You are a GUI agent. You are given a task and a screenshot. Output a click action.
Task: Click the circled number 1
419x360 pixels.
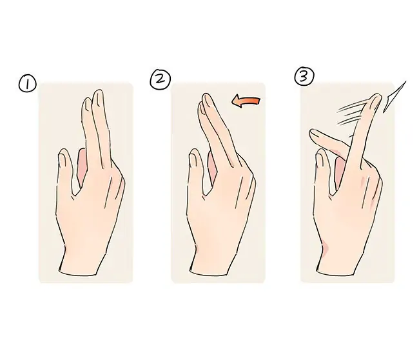(x=27, y=83)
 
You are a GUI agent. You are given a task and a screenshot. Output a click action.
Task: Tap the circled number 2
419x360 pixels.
(x=161, y=79)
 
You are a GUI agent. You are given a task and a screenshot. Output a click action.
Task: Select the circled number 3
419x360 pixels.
(x=304, y=76)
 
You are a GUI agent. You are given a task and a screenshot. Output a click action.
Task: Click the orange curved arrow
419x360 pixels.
(x=246, y=102)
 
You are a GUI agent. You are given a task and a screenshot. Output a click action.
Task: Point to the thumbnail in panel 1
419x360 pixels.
(x=62, y=160)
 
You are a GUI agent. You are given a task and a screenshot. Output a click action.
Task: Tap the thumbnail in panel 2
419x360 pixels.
(x=193, y=161)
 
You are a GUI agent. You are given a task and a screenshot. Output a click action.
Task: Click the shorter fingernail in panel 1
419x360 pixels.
(x=86, y=105)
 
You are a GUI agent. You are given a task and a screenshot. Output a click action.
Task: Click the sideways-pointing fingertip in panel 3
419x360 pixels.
(x=315, y=134)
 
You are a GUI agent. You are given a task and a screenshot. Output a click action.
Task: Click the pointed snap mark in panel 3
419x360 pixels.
(x=395, y=97)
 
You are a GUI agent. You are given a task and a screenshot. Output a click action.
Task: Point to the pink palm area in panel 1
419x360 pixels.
(x=81, y=167)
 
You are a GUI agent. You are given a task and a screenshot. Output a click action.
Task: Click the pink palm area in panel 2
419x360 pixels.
(x=212, y=168)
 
